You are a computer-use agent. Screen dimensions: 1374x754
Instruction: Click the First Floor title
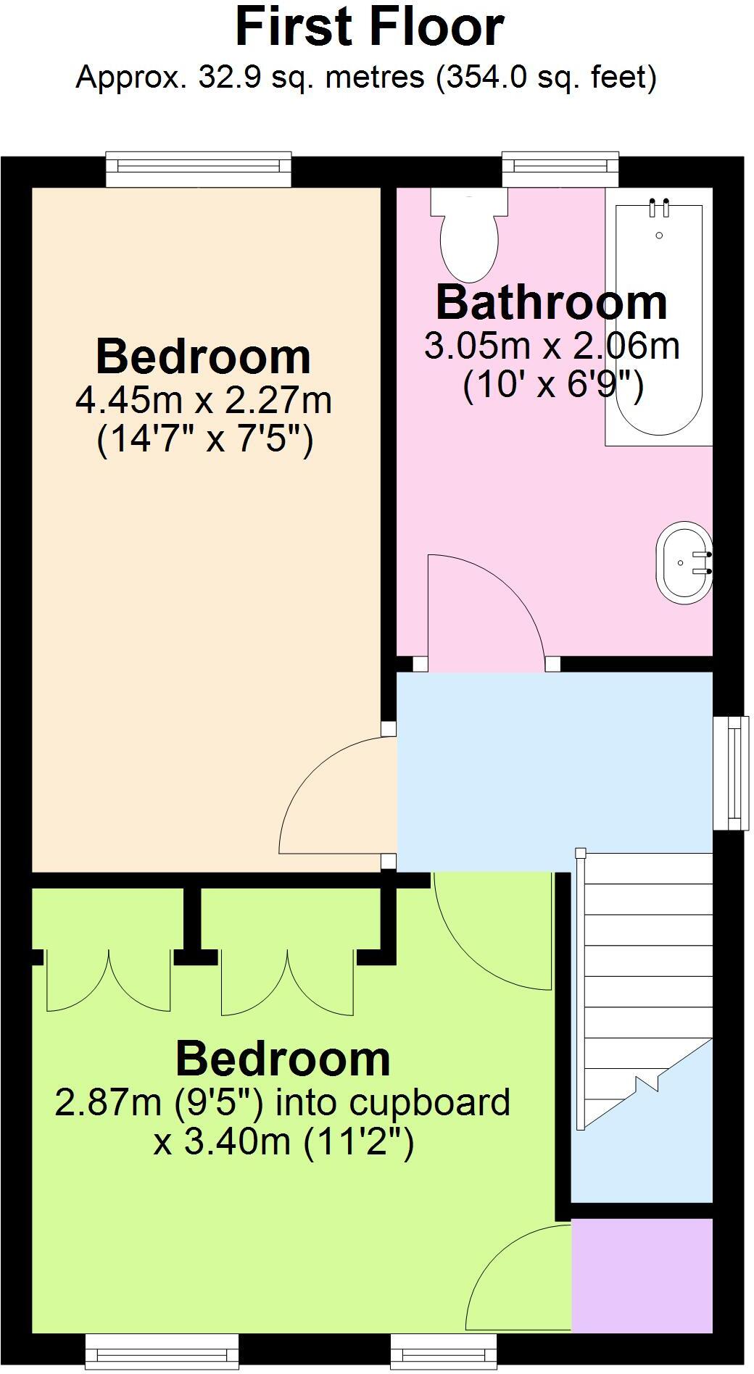coord(370,28)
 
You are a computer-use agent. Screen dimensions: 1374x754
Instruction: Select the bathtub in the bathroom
coord(658,319)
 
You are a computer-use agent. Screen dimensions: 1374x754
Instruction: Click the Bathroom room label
coord(551,303)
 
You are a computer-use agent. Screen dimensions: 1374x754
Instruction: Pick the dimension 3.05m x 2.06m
coord(551,346)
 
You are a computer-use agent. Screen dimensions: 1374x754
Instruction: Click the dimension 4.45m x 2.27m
coord(204,400)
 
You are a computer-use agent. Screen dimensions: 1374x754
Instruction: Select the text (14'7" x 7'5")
coord(204,439)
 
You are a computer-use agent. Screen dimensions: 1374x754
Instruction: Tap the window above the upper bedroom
coord(198,168)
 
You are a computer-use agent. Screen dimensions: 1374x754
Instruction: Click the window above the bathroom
coord(560,168)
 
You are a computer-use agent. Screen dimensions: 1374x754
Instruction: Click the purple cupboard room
coord(642,1275)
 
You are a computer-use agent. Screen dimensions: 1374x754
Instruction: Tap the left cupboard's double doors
coord(108,982)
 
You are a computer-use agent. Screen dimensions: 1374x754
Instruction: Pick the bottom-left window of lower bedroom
coord(162,1351)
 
